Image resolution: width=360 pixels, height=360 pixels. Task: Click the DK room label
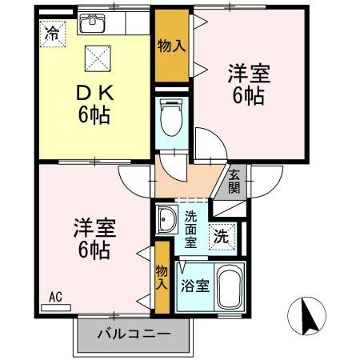(x=94, y=93)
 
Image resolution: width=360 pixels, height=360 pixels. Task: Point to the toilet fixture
(x=170, y=119)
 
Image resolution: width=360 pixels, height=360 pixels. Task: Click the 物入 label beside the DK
(x=171, y=46)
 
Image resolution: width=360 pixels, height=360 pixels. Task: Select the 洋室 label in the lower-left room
(x=94, y=227)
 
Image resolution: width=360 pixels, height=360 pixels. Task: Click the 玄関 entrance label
(x=234, y=182)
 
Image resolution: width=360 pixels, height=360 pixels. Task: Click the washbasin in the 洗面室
(x=168, y=219)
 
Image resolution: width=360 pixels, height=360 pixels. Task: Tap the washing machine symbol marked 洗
(x=222, y=236)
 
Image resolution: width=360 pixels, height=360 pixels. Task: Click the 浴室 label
(x=194, y=285)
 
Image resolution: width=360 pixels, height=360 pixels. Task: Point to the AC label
(x=55, y=298)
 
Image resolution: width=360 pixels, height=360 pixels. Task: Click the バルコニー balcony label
(x=134, y=334)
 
